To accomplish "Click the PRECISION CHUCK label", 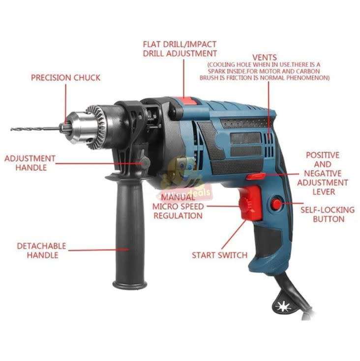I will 65,78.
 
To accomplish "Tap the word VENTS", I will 264,58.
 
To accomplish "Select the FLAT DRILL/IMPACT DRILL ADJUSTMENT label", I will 180,48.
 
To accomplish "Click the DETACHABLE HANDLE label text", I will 42,250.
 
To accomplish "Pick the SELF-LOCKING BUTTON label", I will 327,214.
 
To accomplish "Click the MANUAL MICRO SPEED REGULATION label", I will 177,206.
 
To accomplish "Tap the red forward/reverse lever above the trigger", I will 256,175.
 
